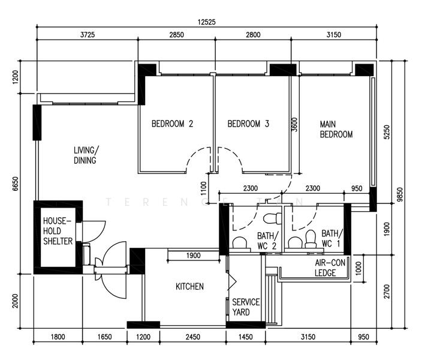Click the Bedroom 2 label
(172, 124)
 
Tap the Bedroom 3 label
(248, 124)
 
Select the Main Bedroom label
(336, 129)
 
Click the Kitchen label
(189, 286)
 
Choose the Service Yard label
(246, 307)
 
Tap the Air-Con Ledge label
(330, 268)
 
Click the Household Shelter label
(58, 231)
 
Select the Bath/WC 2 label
(267, 241)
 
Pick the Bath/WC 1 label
(332, 238)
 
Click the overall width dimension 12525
(206, 22)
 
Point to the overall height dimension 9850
(400, 194)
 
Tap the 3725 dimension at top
(88, 35)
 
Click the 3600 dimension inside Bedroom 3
(295, 124)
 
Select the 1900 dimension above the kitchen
(193, 256)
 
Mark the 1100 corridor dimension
(204, 188)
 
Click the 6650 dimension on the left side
(16, 184)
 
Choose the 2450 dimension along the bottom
(192, 337)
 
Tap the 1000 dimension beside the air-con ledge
(358, 269)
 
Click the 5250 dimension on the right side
(387, 132)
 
